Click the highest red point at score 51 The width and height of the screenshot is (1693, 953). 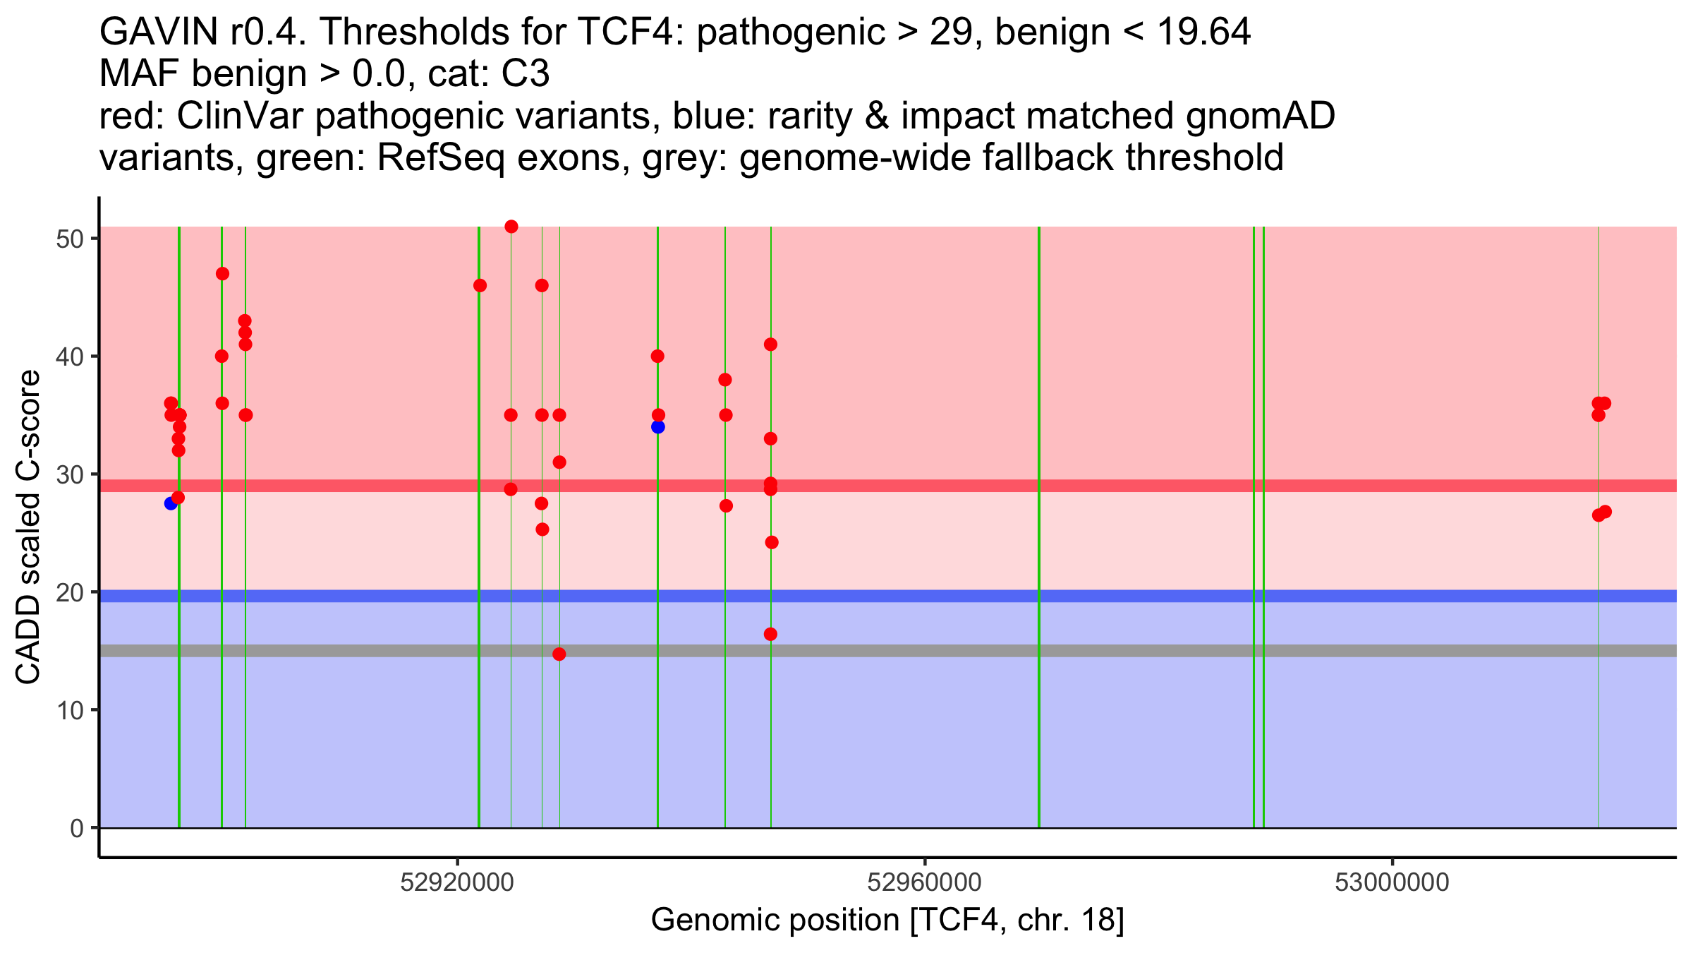point(511,227)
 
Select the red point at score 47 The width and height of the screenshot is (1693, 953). point(222,274)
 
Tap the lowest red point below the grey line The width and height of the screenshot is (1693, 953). point(559,654)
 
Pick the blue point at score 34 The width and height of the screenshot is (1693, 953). point(658,427)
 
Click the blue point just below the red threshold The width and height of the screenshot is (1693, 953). point(171,503)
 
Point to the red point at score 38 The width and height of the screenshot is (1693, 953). point(725,380)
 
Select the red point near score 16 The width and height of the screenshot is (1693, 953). point(770,634)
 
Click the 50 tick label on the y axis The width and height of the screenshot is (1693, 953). point(69,239)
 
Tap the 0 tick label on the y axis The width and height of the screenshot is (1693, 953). point(77,828)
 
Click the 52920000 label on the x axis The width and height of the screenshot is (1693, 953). point(458,883)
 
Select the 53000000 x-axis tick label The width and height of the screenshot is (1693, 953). point(1392,883)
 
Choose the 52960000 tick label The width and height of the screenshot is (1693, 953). point(925,883)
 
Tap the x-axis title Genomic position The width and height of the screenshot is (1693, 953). point(887,921)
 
